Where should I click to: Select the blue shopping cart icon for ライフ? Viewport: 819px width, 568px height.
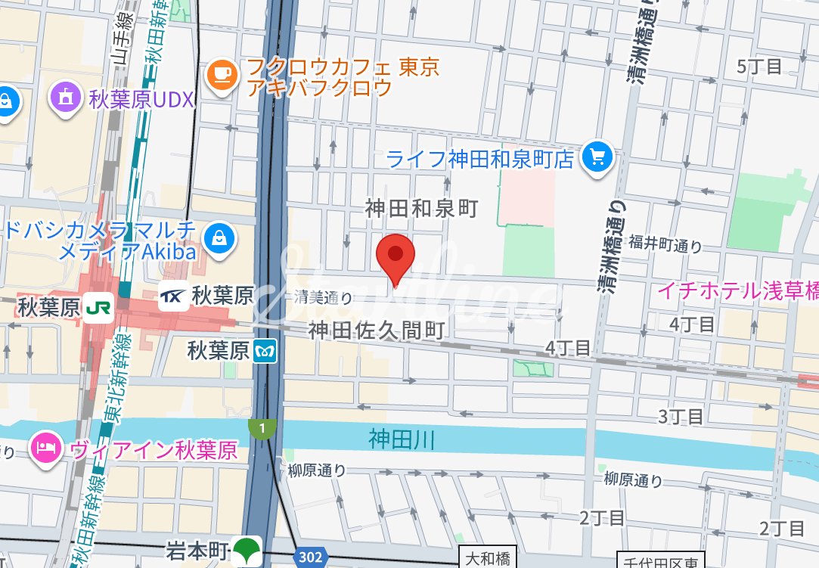[597, 157]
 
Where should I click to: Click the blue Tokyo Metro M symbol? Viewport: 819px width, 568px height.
[265, 351]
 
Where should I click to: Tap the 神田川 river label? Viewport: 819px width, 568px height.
[402, 439]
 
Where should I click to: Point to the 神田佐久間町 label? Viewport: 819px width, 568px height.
[376, 331]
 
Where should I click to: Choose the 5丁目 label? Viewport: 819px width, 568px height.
[759, 67]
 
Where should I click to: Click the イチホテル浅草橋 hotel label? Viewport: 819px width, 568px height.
[737, 290]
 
